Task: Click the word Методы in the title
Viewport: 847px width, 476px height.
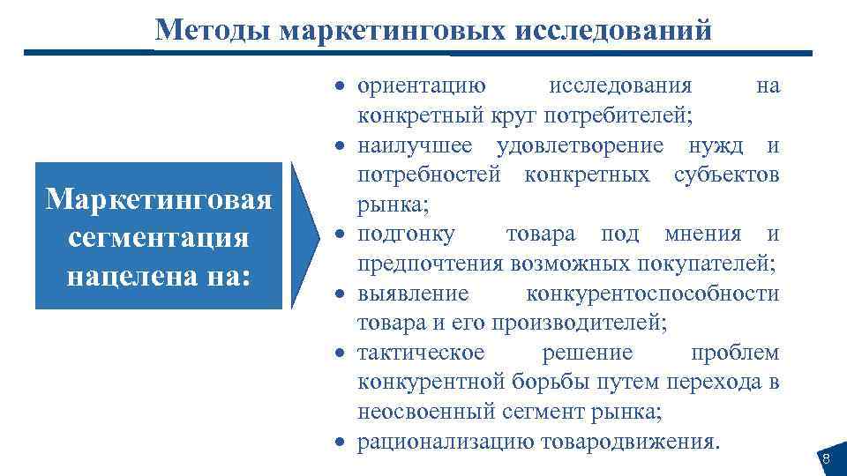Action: tap(212, 30)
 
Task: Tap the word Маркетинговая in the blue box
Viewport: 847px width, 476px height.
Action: tap(159, 199)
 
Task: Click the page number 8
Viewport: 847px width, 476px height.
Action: tap(826, 458)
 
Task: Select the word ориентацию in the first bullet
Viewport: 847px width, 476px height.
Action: tap(420, 86)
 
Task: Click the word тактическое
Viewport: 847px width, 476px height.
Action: tap(421, 353)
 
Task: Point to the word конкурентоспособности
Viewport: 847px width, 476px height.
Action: tap(652, 293)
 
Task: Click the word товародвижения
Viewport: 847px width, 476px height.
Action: tap(641, 442)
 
